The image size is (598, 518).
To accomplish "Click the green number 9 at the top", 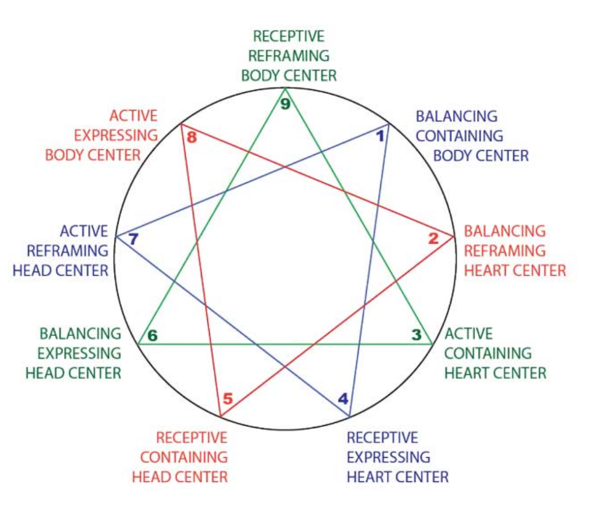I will point(285,105).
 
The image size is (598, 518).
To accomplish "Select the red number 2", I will point(433,238).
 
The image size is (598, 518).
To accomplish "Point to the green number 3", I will point(416,335).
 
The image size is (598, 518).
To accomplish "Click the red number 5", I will point(228,399).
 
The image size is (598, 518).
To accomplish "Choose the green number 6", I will point(152,336).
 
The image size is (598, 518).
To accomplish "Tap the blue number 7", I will point(133,239).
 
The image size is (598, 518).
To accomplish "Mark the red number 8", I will point(192,138).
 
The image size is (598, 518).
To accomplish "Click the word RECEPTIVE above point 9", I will point(288,36).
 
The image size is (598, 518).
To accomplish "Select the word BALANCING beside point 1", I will point(457,116).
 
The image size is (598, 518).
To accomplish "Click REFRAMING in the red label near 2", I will point(505,251).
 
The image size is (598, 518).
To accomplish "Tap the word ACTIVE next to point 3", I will point(468,334).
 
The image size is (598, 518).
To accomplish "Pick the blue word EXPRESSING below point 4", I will point(388,457).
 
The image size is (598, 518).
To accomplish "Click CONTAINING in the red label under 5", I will point(184,457).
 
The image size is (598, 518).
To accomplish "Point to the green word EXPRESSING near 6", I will point(80,353).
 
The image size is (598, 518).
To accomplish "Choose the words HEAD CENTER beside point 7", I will point(61,270).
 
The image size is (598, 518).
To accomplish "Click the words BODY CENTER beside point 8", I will point(93,155).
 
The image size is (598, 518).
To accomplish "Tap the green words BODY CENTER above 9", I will point(288,76).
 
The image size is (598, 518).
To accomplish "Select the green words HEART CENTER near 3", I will point(495,373).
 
